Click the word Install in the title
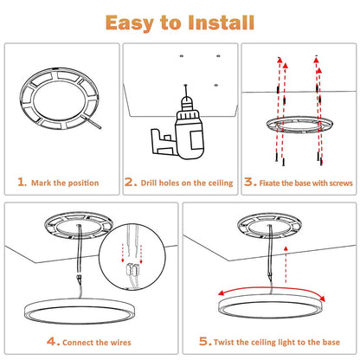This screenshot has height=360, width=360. pyautogui.click(x=226, y=21)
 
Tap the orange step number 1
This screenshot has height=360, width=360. pyautogui.click(x=22, y=183)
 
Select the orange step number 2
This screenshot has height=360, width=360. pyautogui.click(x=130, y=183)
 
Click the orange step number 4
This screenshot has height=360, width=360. pyautogui.click(x=53, y=342)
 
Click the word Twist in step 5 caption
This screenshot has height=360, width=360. pyautogui.click(x=231, y=343)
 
